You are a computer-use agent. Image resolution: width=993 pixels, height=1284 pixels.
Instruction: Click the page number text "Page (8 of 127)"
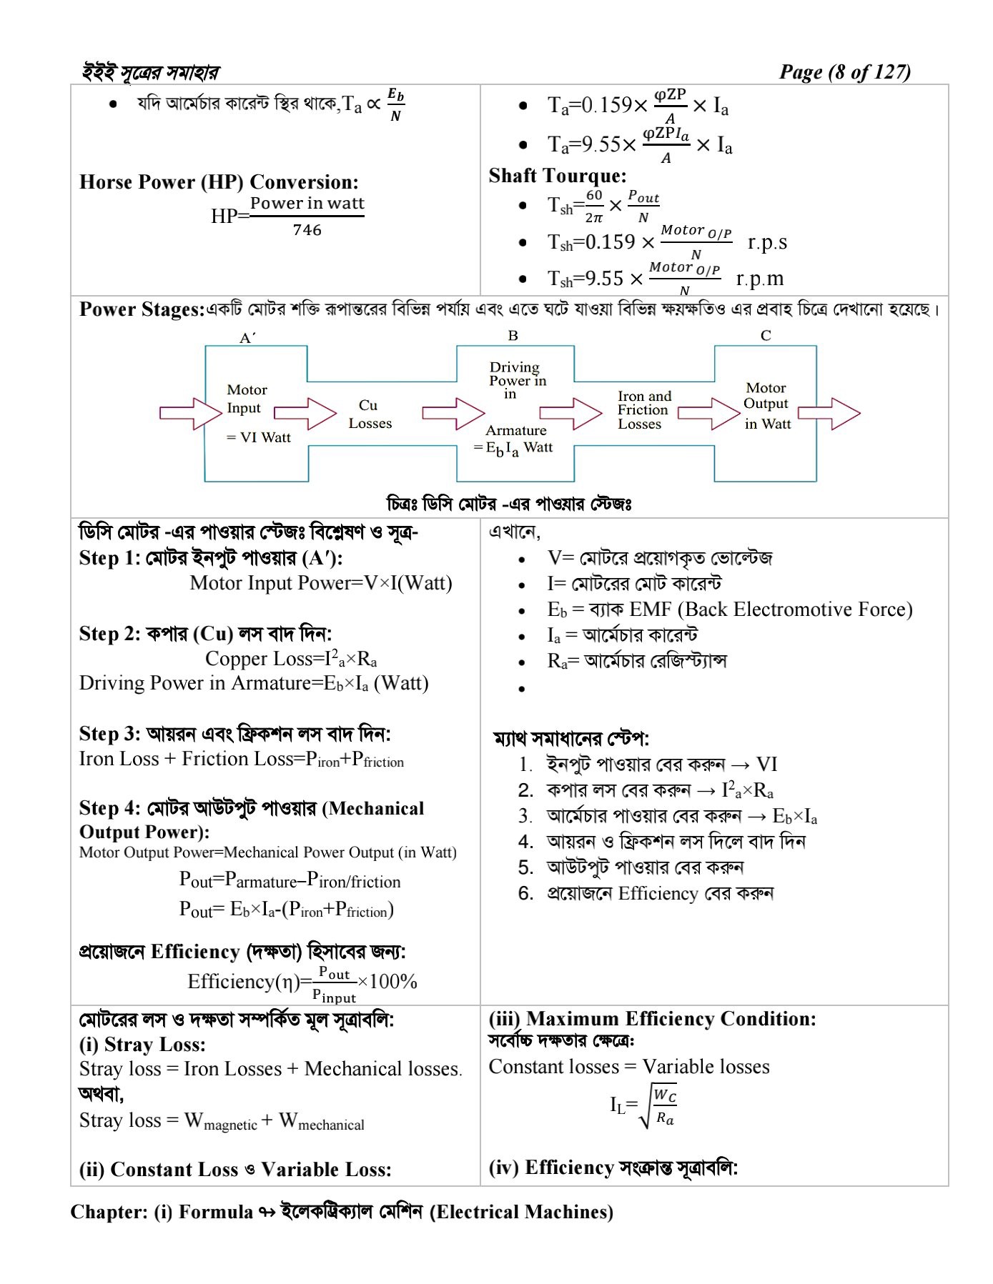844,72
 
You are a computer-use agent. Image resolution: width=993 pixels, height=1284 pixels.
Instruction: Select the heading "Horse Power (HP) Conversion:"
219,181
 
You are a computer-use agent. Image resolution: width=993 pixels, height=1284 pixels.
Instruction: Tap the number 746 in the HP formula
307,230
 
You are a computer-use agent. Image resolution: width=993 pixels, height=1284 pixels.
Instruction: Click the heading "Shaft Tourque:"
557,176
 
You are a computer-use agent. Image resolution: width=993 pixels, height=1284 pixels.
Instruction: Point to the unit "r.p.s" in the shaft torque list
767,242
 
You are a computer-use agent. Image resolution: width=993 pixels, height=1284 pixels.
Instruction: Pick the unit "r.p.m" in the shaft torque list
759,278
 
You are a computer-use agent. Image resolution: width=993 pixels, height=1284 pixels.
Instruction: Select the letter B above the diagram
513,335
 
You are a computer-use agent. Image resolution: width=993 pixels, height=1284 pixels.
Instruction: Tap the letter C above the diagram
766,335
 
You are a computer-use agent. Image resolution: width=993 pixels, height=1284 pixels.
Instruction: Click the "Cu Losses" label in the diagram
370,414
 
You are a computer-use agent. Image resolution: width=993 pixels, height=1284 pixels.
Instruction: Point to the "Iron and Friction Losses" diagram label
643,409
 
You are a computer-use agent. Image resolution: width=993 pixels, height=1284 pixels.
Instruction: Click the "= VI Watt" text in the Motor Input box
258,437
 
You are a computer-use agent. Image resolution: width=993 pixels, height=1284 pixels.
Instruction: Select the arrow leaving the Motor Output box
829,413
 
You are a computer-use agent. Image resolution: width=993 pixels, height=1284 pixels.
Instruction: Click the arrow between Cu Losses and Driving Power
453,413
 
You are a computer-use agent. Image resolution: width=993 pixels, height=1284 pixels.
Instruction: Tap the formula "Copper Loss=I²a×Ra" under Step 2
291,658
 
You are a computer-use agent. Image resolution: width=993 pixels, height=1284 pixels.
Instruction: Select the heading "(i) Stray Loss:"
142,1045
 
